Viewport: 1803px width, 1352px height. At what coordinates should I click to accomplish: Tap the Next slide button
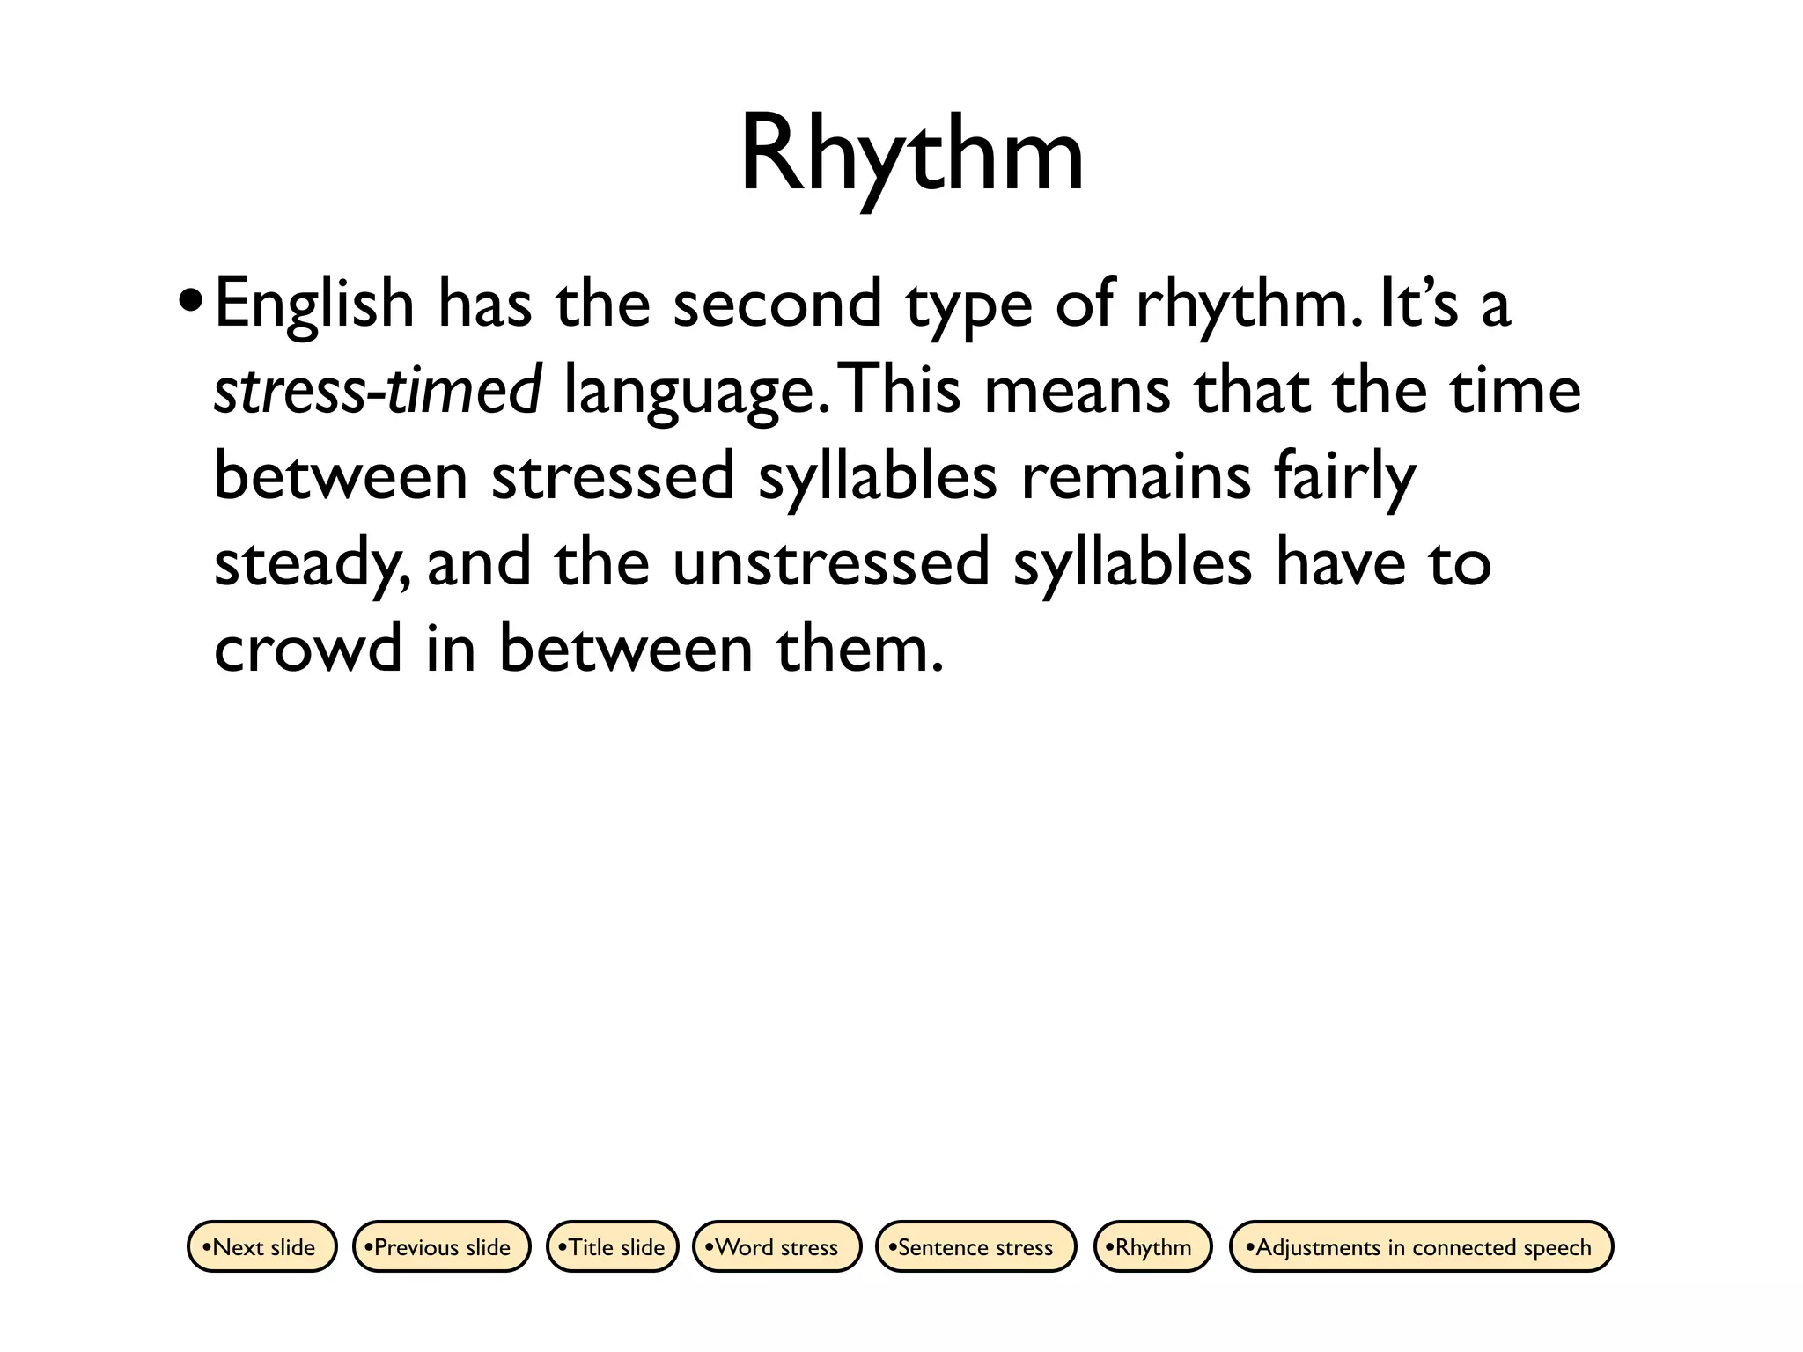coord(262,1246)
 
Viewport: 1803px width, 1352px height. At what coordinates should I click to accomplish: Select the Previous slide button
coord(442,1246)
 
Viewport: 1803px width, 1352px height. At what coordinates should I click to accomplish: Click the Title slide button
coord(613,1246)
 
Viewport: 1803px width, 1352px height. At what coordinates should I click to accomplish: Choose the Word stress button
coord(776,1246)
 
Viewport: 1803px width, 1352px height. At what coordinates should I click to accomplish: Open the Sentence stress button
coord(975,1246)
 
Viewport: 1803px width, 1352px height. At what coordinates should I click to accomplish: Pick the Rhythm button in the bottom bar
coord(1152,1246)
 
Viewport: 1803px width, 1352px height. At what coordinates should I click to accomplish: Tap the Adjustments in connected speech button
coord(1421,1246)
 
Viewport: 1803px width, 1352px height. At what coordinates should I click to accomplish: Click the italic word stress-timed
coord(378,390)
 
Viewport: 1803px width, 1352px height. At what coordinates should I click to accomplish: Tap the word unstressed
coord(831,562)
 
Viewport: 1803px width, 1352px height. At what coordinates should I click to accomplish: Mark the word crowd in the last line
coord(308,648)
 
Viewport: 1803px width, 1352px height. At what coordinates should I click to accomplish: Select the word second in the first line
coord(776,303)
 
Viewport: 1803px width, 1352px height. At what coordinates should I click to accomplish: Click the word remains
coord(1136,476)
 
